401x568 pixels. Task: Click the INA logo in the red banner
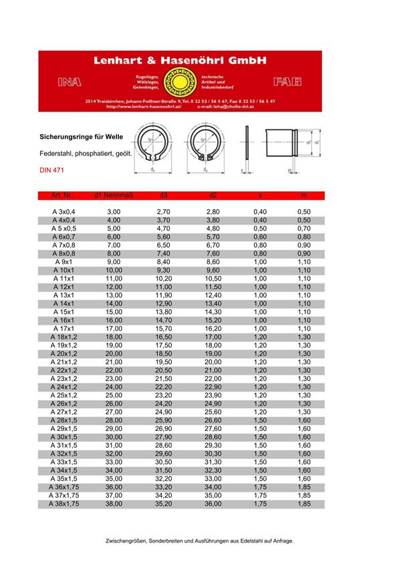[70, 82]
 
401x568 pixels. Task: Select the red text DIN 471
[52, 171]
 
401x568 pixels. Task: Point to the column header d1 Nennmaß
[114, 194]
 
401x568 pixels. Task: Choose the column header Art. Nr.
[64, 194]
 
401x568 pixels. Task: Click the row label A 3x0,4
[64, 212]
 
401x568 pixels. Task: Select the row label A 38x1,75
[64, 503]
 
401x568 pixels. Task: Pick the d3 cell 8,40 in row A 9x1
[164, 261]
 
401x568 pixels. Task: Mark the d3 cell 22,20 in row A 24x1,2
[164, 387]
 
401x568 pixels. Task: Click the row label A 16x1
[64, 320]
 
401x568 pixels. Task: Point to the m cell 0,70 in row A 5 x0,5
[303, 229]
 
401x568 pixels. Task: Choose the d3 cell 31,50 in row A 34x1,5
[164, 470]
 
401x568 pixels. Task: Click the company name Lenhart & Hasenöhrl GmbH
[180, 60]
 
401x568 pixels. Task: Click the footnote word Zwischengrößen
[130, 541]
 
